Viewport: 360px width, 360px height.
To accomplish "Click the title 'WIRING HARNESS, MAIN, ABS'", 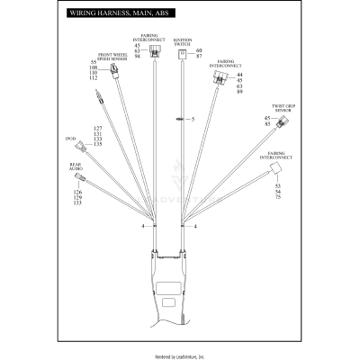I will pyautogui.click(x=112, y=16).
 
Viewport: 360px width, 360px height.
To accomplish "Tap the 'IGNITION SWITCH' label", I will pyautogui.click(x=184, y=42).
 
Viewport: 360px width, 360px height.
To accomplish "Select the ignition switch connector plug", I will pyautogui.click(x=183, y=55).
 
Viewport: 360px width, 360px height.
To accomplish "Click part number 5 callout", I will pyautogui.click(x=192, y=119).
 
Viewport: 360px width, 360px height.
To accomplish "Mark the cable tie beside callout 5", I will pyautogui.click(x=180, y=119).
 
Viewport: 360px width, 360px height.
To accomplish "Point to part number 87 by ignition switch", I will pyautogui.click(x=199, y=56).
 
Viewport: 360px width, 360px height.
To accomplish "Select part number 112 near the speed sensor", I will pyautogui.click(x=94, y=77).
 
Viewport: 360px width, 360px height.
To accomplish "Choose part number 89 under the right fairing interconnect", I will pyautogui.click(x=238, y=92).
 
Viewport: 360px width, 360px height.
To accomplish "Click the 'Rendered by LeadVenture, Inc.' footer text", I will pyautogui.click(x=180, y=355).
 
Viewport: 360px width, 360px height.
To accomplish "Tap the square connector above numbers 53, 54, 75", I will pyautogui.click(x=281, y=170).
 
